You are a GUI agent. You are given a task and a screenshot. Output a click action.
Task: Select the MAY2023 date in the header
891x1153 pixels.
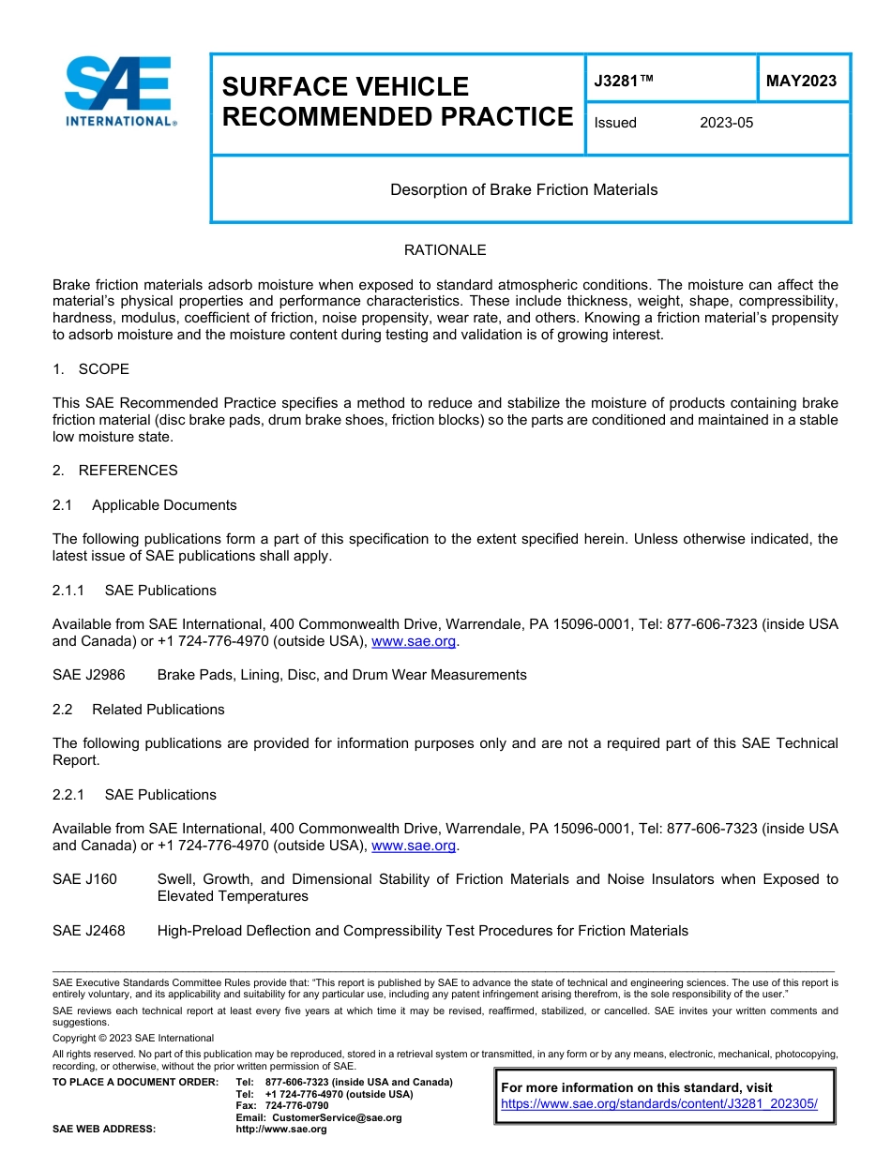[x=801, y=82]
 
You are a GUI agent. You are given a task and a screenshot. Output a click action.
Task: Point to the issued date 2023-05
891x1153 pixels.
[x=726, y=123]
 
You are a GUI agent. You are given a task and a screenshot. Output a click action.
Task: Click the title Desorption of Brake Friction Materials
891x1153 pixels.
[x=523, y=189]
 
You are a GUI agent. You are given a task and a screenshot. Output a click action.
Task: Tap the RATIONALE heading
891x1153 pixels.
[x=445, y=250]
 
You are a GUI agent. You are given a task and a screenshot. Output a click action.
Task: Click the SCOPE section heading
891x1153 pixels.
[x=103, y=369]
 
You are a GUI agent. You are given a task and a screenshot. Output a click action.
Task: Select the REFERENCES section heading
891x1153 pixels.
[x=128, y=471]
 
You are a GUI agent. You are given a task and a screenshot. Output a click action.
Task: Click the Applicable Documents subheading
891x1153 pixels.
[x=164, y=505]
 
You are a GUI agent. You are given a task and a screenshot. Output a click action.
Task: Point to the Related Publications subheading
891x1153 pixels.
[x=158, y=710]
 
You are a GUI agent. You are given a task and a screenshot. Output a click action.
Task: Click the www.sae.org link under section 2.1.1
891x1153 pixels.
[x=414, y=642]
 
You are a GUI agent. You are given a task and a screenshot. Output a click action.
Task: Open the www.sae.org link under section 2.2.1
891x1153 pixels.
[x=414, y=846]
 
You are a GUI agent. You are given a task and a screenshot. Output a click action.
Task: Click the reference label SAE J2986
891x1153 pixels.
[x=88, y=675]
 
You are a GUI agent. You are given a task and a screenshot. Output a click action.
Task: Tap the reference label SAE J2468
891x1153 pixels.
[x=88, y=931]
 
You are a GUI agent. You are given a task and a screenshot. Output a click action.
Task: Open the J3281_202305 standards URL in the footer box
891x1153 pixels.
[x=659, y=1104]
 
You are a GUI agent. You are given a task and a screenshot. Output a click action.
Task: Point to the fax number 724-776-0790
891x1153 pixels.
[x=296, y=1106]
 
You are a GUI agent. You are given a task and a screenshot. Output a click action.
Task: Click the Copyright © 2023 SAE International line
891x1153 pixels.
[x=133, y=1038]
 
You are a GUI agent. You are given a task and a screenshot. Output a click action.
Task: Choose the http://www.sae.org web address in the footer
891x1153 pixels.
[x=281, y=1130]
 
